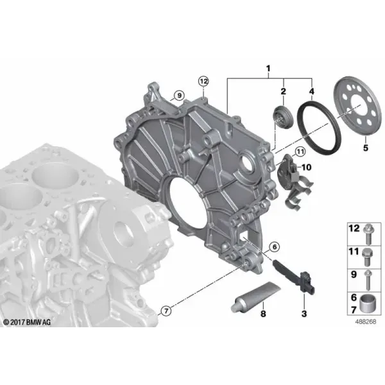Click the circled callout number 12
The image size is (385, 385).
[203, 81]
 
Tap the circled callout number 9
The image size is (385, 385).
[179, 95]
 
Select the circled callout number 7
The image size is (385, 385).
[166, 311]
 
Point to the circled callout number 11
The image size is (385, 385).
[300, 151]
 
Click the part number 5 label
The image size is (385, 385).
[366, 148]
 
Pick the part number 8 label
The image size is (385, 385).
[263, 314]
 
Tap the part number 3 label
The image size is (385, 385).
[304, 314]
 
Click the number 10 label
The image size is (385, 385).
[306, 167]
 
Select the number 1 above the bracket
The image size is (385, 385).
[268, 69]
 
